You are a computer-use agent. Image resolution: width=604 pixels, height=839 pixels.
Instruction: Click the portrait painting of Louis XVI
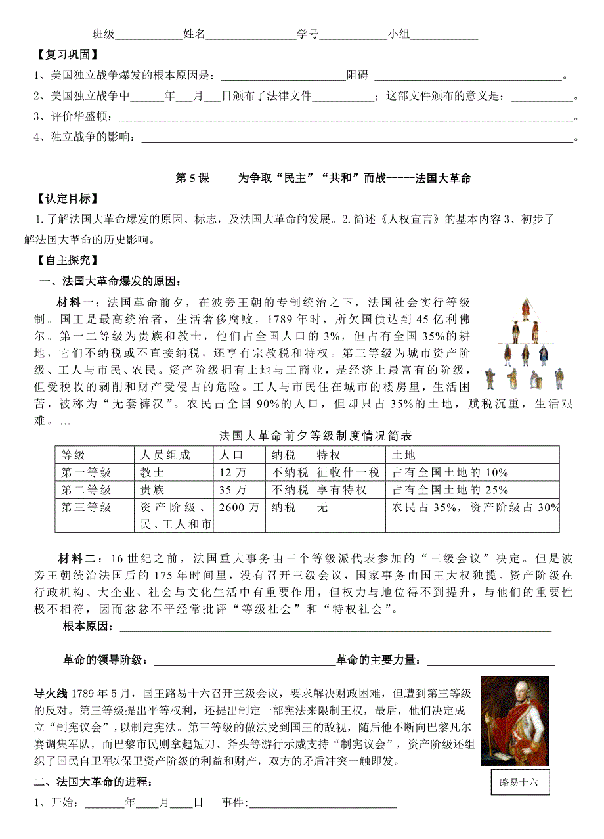515,721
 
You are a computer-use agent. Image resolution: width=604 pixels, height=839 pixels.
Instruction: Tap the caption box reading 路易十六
519,782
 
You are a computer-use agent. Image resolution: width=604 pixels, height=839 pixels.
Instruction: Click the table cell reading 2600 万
239,507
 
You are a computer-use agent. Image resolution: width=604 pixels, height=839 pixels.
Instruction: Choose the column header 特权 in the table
328,455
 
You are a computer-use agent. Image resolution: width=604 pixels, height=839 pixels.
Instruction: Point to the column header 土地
404,455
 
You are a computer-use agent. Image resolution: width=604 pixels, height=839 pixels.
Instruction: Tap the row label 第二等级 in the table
86,490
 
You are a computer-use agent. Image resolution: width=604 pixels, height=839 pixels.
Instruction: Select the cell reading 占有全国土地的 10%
450,472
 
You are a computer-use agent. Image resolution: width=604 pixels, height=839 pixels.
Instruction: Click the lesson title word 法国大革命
443,178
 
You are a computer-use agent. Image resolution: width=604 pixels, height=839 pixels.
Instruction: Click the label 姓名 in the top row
194,34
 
